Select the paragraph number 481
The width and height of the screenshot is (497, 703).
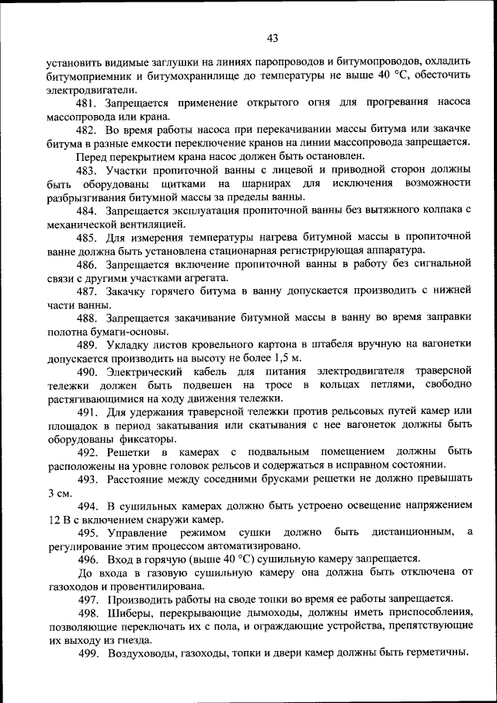click(86, 104)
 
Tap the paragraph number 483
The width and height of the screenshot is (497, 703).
click(86, 169)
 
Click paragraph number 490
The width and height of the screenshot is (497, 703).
click(86, 372)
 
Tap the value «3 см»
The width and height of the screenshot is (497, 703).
click(60, 493)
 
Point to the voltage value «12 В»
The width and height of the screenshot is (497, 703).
click(60, 520)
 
